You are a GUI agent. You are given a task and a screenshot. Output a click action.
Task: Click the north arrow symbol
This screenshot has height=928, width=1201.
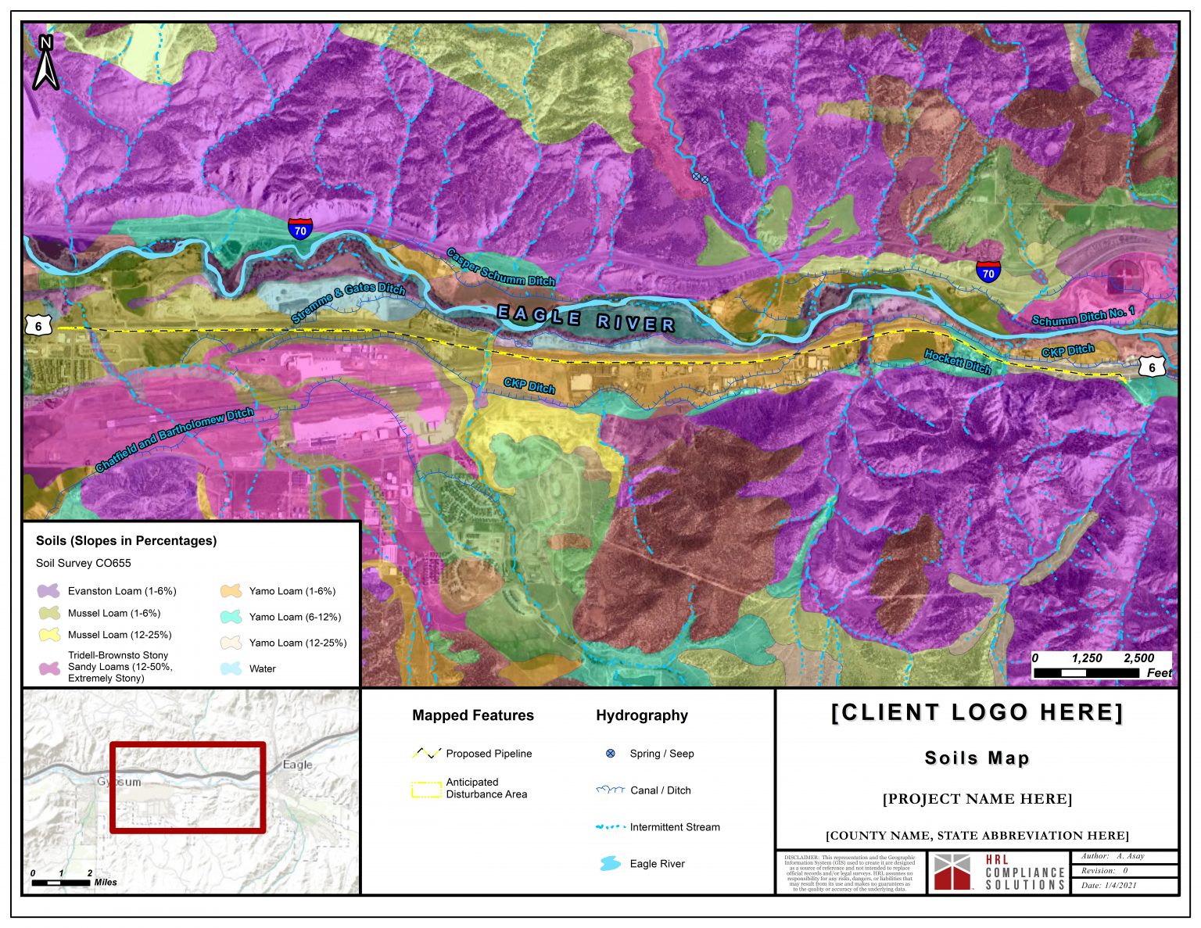pyautogui.click(x=45, y=64)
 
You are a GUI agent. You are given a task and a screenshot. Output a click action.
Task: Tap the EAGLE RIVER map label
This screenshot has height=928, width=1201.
pyautogui.click(x=586, y=319)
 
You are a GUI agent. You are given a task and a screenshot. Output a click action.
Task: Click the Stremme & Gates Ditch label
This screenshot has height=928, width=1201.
pyautogui.click(x=348, y=303)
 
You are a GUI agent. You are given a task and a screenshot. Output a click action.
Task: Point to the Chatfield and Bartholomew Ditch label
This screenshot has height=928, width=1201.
pyautogui.click(x=174, y=439)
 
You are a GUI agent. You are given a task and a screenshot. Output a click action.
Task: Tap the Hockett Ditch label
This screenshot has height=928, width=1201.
pyautogui.click(x=957, y=361)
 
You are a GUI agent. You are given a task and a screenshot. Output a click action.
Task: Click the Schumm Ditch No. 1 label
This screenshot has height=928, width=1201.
pyautogui.click(x=1082, y=317)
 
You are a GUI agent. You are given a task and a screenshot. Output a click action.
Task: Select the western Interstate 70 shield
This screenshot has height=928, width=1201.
pyautogui.click(x=300, y=228)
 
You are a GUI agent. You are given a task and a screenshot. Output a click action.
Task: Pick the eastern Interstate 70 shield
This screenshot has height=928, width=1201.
pyautogui.click(x=988, y=271)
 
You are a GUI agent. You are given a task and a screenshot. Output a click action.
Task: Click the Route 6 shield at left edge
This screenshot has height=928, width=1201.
pyautogui.click(x=38, y=325)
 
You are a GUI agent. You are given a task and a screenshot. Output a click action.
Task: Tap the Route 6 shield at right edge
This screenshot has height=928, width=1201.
pyautogui.click(x=1150, y=367)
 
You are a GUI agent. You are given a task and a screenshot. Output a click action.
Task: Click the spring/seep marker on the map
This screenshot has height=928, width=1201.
pyautogui.click(x=701, y=177)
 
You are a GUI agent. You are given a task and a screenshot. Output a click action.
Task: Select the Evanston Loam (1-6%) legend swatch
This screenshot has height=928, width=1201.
pyautogui.click(x=48, y=591)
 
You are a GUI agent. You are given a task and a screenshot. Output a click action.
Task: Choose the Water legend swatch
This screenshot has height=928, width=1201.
pyautogui.click(x=231, y=668)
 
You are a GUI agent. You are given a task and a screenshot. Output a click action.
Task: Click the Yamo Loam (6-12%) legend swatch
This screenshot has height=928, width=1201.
pyautogui.click(x=231, y=617)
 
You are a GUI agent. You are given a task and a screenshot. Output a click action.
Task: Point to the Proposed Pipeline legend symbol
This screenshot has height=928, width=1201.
pyautogui.click(x=426, y=754)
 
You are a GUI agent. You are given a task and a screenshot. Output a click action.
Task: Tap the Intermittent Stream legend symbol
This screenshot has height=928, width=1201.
pyautogui.click(x=610, y=827)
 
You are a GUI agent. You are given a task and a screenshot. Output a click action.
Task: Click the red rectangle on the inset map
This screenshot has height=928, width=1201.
pyautogui.click(x=187, y=787)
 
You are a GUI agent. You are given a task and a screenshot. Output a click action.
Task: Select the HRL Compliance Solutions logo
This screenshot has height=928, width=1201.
pyautogui.click(x=998, y=872)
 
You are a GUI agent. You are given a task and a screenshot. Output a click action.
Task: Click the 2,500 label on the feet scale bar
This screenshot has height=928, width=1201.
pyautogui.click(x=1138, y=658)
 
